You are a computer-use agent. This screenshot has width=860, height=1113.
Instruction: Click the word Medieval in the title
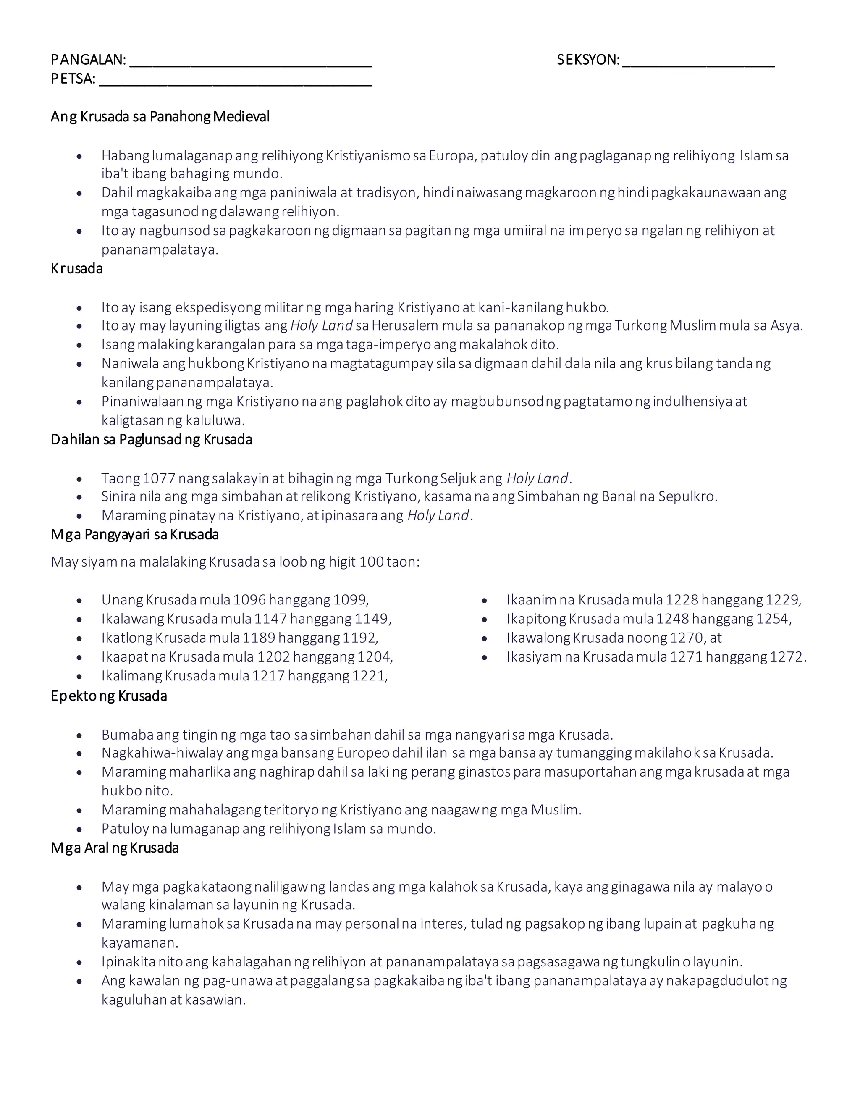pyautogui.click(x=241, y=117)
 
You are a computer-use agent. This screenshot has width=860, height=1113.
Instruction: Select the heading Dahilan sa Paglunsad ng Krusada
pyautogui.click(x=151, y=439)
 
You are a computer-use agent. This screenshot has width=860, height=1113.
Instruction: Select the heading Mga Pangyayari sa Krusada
pyautogui.click(x=135, y=535)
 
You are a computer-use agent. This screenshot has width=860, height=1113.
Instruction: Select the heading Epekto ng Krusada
pyautogui.click(x=109, y=696)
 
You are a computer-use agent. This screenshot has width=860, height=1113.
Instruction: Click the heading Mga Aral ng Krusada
pyautogui.click(x=115, y=848)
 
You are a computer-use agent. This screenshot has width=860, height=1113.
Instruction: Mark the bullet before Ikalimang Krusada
pyautogui.click(x=79, y=677)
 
